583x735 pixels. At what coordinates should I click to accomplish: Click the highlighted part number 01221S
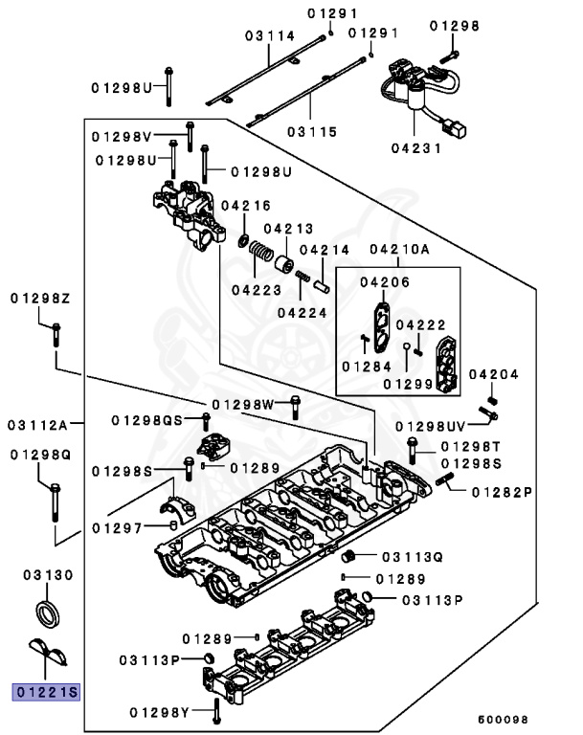tap(44, 690)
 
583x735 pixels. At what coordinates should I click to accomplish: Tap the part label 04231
tap(415, 148)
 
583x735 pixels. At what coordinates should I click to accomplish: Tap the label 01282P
tap(502, 492)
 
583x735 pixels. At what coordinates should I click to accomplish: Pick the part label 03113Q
tap(413, 556)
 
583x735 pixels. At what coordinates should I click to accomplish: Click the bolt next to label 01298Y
tap(219, 709)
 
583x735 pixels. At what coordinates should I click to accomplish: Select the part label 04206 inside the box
tap(385, 282)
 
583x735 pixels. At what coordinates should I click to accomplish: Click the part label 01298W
tap(242, 403)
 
